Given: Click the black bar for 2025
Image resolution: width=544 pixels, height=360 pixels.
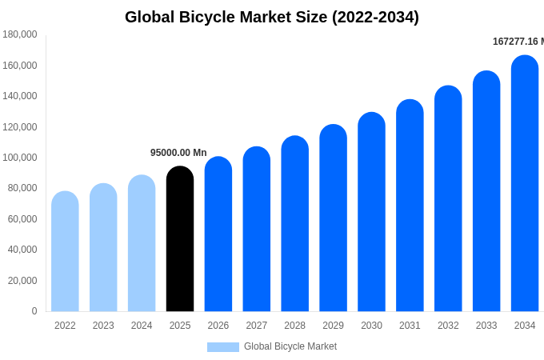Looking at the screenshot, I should coord(180,240).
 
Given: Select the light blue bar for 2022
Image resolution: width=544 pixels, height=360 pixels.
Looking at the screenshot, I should coord(65,252).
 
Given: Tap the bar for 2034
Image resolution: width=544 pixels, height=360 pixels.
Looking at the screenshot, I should coord(525,184).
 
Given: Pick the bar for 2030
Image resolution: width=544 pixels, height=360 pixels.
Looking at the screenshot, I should coord(371,212).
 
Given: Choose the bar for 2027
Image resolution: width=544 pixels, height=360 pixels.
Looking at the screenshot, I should coord(257,230).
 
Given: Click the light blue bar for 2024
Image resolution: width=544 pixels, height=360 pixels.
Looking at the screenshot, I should coord(142,244).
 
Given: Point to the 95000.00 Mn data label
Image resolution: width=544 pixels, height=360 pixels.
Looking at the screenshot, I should coord(178,153).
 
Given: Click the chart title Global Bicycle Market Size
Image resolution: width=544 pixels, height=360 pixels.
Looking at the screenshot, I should coord(272,17).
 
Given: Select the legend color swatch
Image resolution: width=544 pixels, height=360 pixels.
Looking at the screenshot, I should coord(223,346).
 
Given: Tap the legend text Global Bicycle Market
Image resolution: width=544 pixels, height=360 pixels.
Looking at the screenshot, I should coord(290,346).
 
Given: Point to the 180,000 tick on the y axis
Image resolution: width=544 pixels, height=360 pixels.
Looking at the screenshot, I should coord(20,34).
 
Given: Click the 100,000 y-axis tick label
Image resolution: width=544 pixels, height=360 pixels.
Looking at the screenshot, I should coord(20,158).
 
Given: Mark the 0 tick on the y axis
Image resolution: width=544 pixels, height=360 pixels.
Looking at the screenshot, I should coord(34,311).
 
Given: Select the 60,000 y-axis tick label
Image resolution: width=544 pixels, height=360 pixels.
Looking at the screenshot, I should coord(22,219).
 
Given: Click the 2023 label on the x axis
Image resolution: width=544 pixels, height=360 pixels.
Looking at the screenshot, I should coord(103,326).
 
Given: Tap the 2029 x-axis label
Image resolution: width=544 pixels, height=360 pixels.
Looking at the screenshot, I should coord(333,326).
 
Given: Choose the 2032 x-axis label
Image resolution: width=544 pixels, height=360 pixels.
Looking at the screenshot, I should coord(448,326).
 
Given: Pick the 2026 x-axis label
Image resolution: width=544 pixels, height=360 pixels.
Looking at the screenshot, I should coord(218,326).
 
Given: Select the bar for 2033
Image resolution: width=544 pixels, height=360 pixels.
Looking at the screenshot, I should coord(486,192).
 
